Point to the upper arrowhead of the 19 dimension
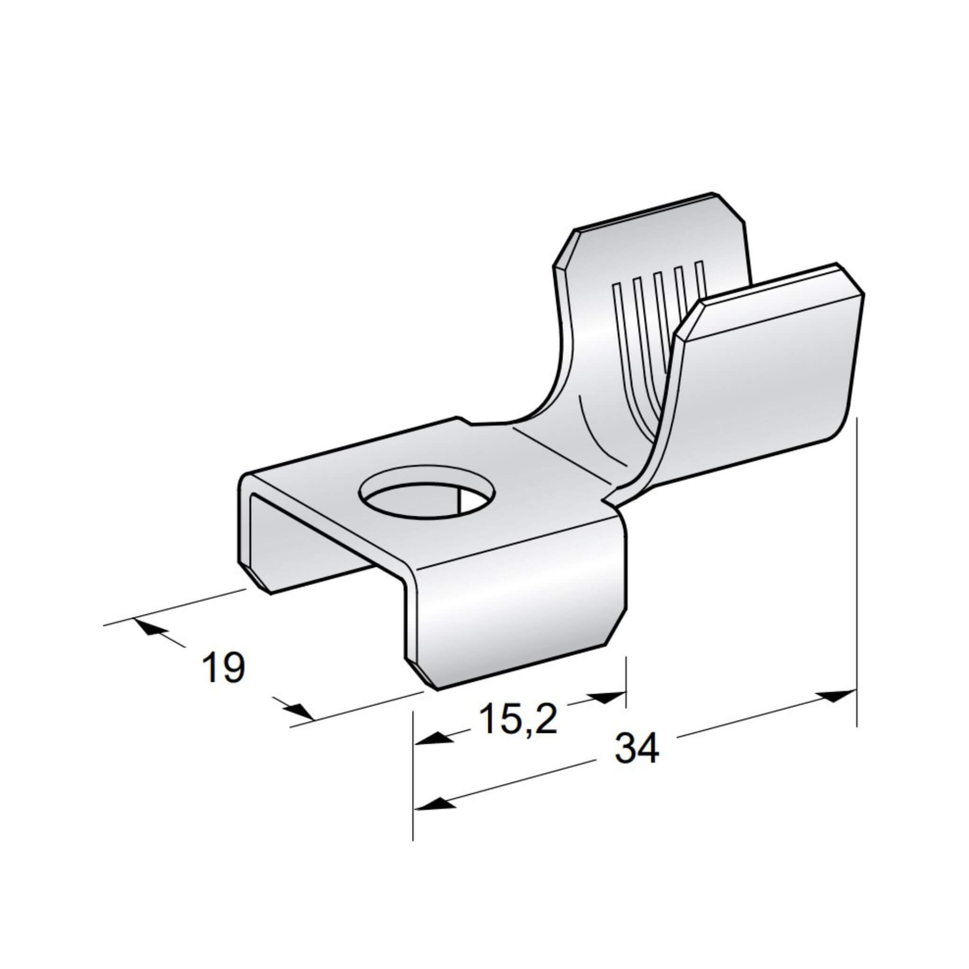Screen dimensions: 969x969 click(x=149, y=626)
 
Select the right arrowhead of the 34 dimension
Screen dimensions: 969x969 click(x=836, y=696)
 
